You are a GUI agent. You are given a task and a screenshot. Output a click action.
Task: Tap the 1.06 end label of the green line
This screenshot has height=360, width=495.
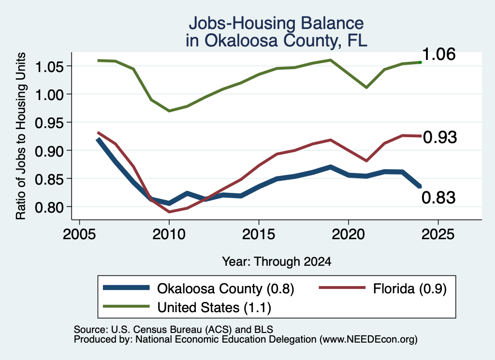click(438, 54)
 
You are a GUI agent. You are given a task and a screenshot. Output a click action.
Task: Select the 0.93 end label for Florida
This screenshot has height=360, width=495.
click(440, 137)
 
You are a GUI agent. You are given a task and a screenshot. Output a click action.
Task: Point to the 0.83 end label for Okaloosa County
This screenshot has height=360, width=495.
click(438, 198)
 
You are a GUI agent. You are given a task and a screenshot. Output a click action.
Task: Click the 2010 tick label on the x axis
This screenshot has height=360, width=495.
click(169, 234)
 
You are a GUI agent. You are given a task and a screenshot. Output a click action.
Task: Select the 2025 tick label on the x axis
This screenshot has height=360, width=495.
click(438, 234)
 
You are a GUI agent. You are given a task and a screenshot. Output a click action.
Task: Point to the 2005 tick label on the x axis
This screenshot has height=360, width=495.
click(79, 234)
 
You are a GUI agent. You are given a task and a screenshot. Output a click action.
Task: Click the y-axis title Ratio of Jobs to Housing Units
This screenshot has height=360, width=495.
click(21, 136)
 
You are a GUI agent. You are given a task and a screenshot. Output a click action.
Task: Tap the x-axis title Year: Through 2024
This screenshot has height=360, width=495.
click(277, 261)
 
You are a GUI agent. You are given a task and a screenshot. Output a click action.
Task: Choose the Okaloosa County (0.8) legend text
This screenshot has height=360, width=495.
click(225, 288)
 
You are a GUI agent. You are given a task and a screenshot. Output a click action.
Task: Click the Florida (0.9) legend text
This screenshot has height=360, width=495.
click(410, 288)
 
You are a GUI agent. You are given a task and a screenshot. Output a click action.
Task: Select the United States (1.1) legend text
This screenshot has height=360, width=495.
click(214, 307)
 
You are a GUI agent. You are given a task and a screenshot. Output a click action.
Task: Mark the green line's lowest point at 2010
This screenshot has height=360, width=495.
click(169, 111)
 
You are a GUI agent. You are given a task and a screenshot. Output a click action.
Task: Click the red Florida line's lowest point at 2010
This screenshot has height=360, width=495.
click(169, 212)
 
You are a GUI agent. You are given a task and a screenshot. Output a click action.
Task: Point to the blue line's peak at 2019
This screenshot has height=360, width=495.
click(331, 166)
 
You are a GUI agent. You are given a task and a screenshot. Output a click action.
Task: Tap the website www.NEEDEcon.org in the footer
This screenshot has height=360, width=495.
click(368, 340)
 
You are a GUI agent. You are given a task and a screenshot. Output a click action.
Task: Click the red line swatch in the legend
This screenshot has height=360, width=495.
click(342, 288)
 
